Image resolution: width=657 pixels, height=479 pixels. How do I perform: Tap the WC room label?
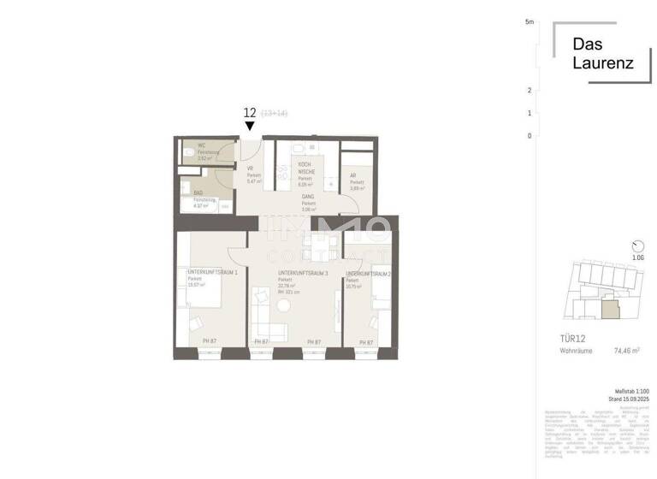coord(202,145)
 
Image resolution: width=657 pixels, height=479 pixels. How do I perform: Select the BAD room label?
coord(198,193)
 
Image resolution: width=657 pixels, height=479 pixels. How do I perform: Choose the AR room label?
coord(352,175)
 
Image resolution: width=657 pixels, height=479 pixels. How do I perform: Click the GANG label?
coord(307,197)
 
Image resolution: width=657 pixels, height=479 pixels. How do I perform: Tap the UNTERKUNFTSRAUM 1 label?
coord(212,272)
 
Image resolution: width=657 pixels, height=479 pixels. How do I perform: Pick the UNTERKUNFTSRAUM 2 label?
coord(368,275)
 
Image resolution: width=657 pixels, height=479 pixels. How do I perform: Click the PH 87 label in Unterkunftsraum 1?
coord(209,342)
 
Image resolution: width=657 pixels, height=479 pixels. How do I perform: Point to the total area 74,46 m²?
coord(625,350)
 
